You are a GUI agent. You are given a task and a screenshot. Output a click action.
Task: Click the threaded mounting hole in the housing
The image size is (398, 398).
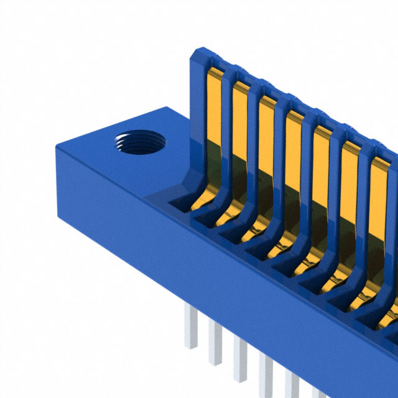(x=139, y=143)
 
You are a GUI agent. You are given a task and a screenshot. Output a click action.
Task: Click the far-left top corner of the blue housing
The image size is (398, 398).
(x=57, y=147)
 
